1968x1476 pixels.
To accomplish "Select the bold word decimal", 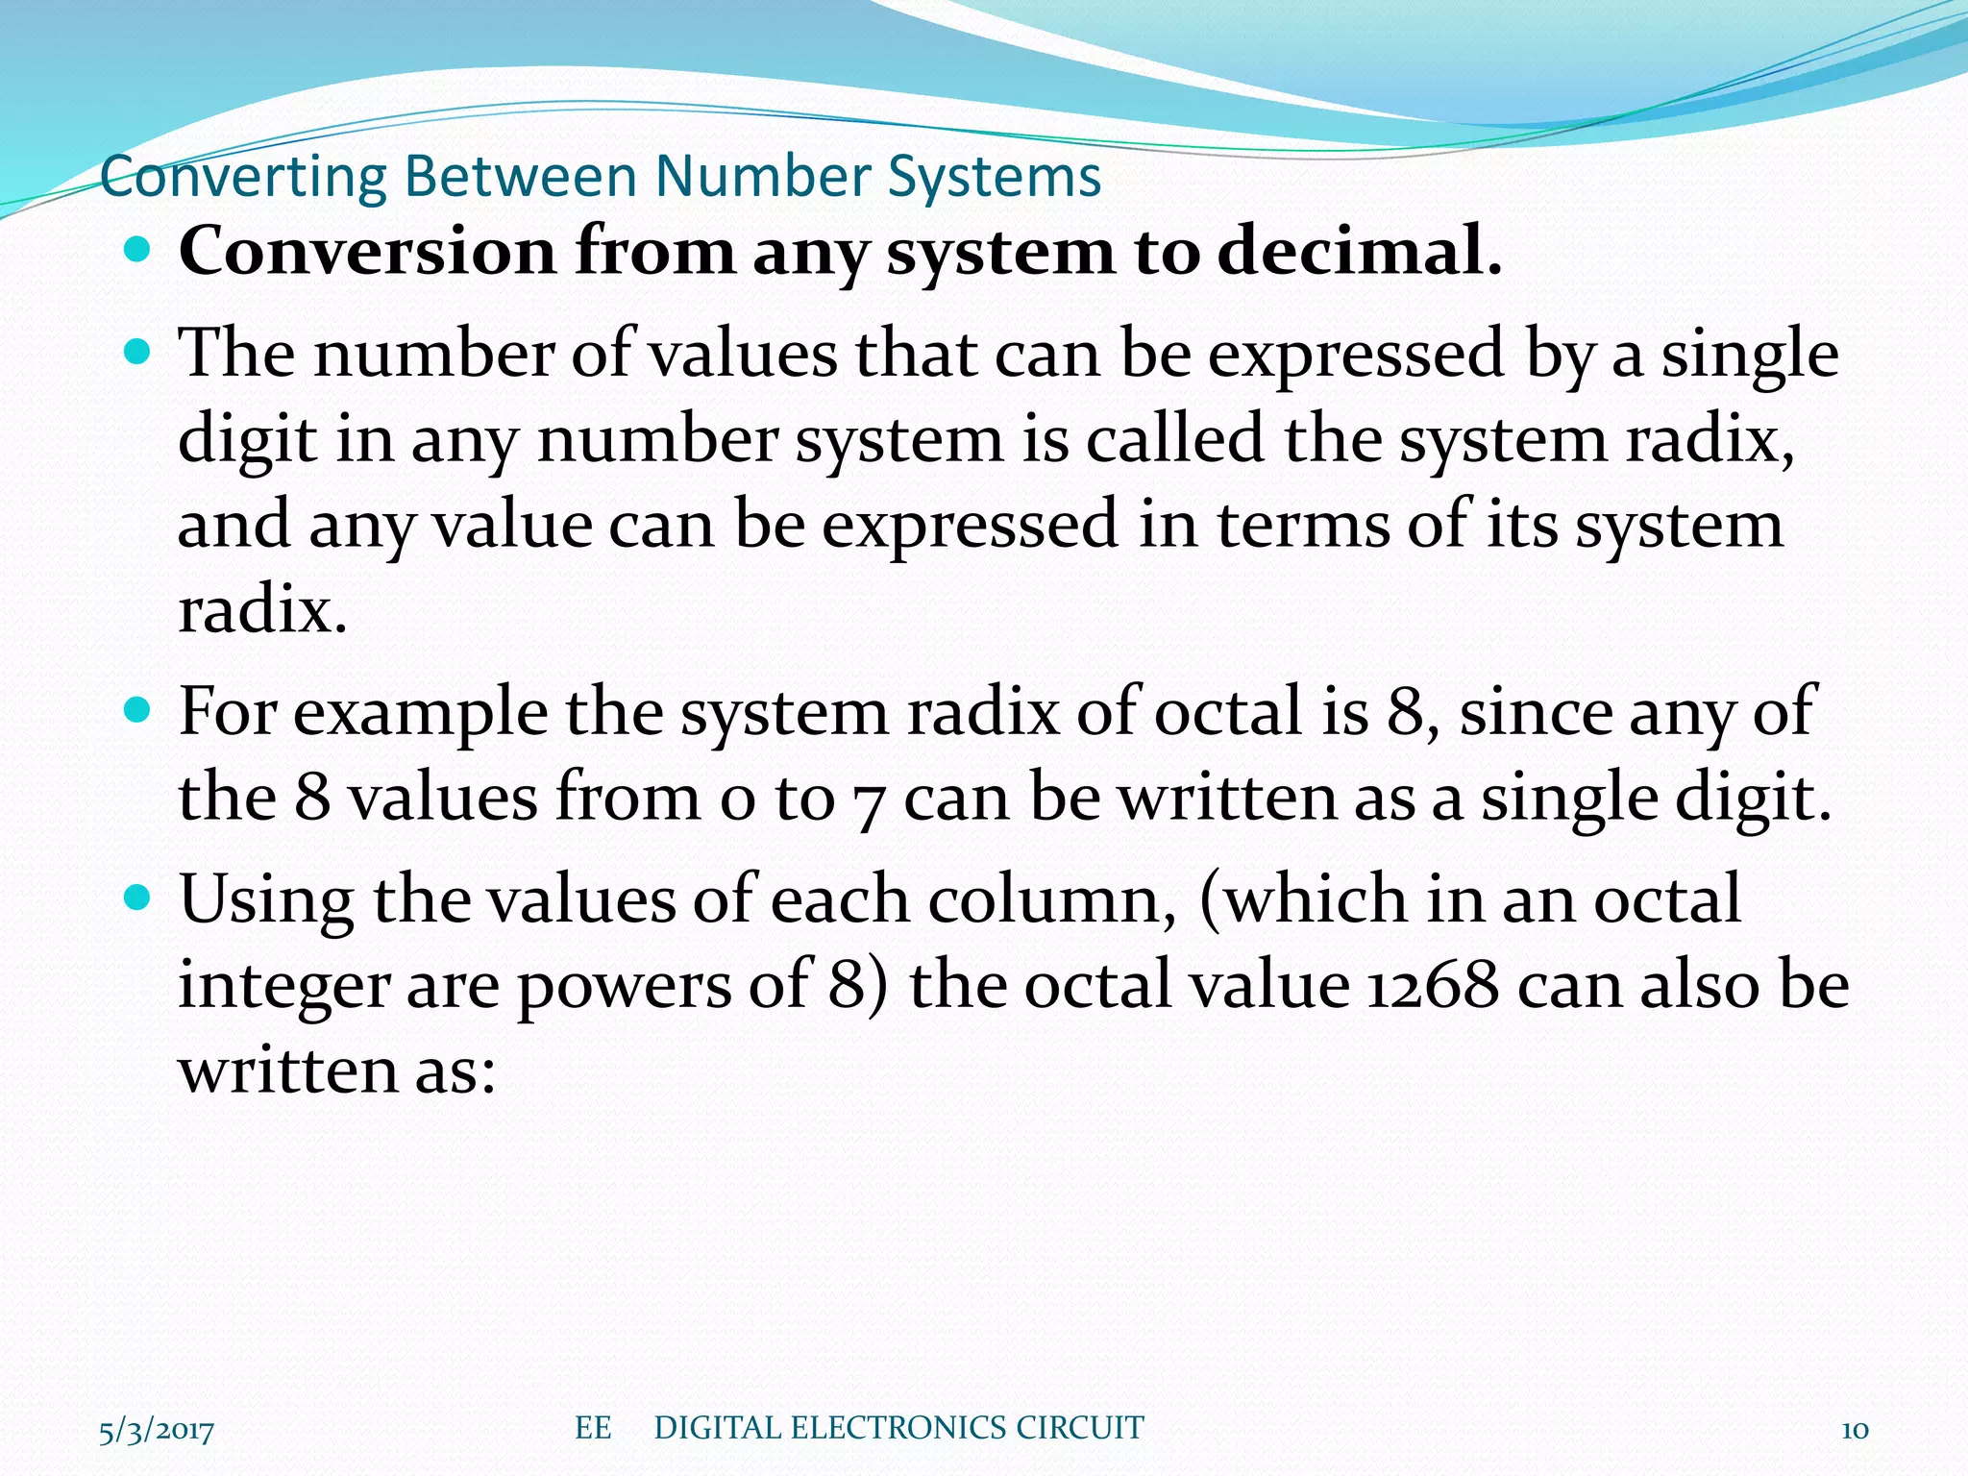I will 1357,252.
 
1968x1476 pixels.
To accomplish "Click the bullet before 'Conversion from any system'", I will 138,252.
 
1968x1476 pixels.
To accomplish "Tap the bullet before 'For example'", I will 138,712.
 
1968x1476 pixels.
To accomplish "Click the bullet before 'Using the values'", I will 138,899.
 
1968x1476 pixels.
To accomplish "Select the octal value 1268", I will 1432,986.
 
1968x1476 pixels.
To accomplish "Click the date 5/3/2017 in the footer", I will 157,1431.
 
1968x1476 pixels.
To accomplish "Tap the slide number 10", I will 1855,1431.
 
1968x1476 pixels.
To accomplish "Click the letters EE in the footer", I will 593,1428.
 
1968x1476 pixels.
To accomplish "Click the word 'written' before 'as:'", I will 286,1070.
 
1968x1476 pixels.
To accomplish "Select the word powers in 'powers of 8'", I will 625,988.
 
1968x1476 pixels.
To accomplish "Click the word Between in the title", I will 520,178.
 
